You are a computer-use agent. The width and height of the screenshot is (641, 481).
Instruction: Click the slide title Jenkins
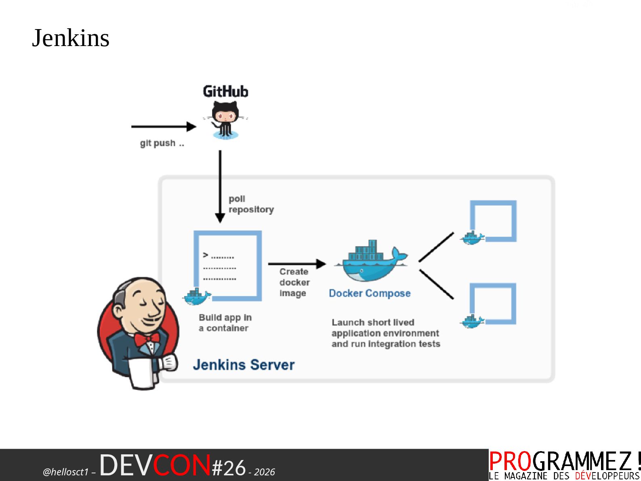pos(71,38)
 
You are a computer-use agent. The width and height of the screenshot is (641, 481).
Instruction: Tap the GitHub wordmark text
pos(225,92)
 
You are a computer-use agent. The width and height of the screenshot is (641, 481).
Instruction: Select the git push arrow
pos(163,126)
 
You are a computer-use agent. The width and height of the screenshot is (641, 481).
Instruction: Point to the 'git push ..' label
pos(162,143)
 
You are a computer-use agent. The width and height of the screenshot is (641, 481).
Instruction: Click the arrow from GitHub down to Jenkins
pos(220,186)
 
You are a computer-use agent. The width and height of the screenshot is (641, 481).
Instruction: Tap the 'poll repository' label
pos(251,204)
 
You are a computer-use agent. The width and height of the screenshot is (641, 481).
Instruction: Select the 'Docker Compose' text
pos(370,293)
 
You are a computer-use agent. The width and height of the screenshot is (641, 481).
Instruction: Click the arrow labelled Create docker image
pos(296,264)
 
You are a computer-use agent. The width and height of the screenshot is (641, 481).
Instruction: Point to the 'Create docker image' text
pos(294,282)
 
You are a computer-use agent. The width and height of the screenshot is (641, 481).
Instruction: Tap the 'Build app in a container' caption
pos(225,323)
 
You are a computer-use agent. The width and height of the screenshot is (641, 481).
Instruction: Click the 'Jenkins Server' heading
pos(244,365)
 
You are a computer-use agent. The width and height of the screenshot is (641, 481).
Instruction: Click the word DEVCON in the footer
pos(155,465)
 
